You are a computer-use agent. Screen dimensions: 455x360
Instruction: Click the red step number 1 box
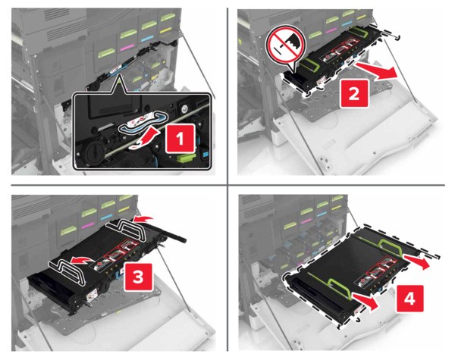(180, 139)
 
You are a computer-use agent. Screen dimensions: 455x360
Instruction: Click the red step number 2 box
(353, 93)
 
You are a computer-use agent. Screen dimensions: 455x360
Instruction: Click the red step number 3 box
(138, 277)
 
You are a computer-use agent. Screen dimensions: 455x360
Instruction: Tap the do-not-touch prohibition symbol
(286, 47)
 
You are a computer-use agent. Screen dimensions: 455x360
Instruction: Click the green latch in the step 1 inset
(185, 158)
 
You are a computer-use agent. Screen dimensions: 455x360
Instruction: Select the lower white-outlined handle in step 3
(67, 271)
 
